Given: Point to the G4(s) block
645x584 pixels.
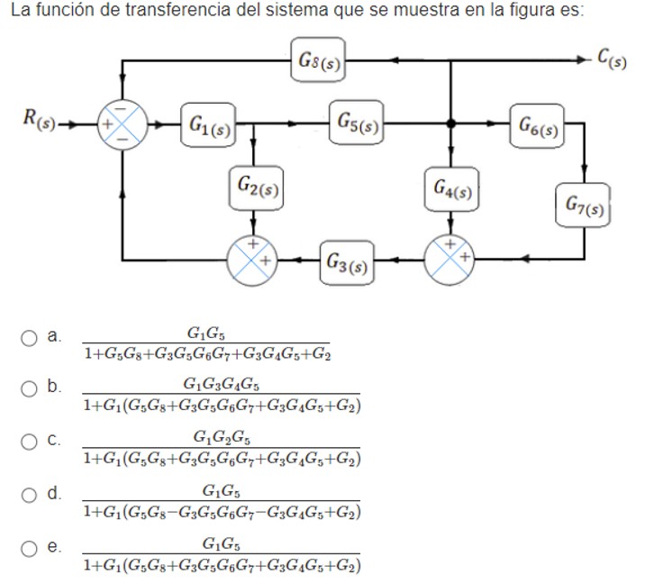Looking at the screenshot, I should coord(450,187).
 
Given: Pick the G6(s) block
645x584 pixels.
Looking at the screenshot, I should coord(539,125).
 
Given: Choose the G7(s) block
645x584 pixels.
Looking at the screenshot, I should coord(587,204).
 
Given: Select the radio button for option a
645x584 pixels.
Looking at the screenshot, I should coord(28,337).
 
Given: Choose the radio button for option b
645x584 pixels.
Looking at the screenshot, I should coord(28,388).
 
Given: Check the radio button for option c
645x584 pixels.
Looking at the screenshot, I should coord(28,441).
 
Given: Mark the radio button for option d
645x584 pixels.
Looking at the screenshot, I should coord(28,493).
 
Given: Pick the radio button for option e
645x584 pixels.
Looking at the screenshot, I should coord(28,545).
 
